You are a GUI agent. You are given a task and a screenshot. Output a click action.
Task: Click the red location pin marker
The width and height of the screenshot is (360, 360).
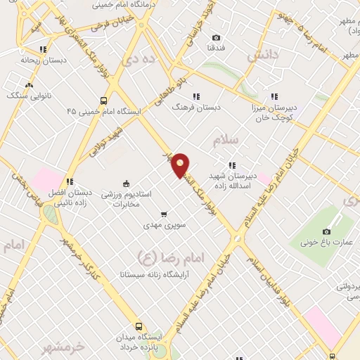coord(181,165)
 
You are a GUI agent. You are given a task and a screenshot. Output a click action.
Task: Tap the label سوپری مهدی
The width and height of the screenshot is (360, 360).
coord(164,225)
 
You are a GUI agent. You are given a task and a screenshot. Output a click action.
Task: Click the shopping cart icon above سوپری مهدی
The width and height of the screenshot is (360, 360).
coord(164,214)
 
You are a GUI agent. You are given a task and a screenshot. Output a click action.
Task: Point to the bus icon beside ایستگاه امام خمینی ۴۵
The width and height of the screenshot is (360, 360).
coord(104,101)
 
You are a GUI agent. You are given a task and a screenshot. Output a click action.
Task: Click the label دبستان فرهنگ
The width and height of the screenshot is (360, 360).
coord(198,108)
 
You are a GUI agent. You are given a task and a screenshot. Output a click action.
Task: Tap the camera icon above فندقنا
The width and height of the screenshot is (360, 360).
coord(216,37)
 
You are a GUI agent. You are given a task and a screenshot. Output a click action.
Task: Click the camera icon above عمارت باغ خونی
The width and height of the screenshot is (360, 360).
coord(326,232)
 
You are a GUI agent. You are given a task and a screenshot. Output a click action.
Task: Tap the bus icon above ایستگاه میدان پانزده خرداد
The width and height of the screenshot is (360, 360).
coord(139,327)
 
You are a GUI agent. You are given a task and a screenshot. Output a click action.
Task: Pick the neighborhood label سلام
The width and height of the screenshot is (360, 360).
coord(225,140)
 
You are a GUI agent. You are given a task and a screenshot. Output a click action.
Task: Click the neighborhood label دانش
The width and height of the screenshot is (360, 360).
coord(264,53)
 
